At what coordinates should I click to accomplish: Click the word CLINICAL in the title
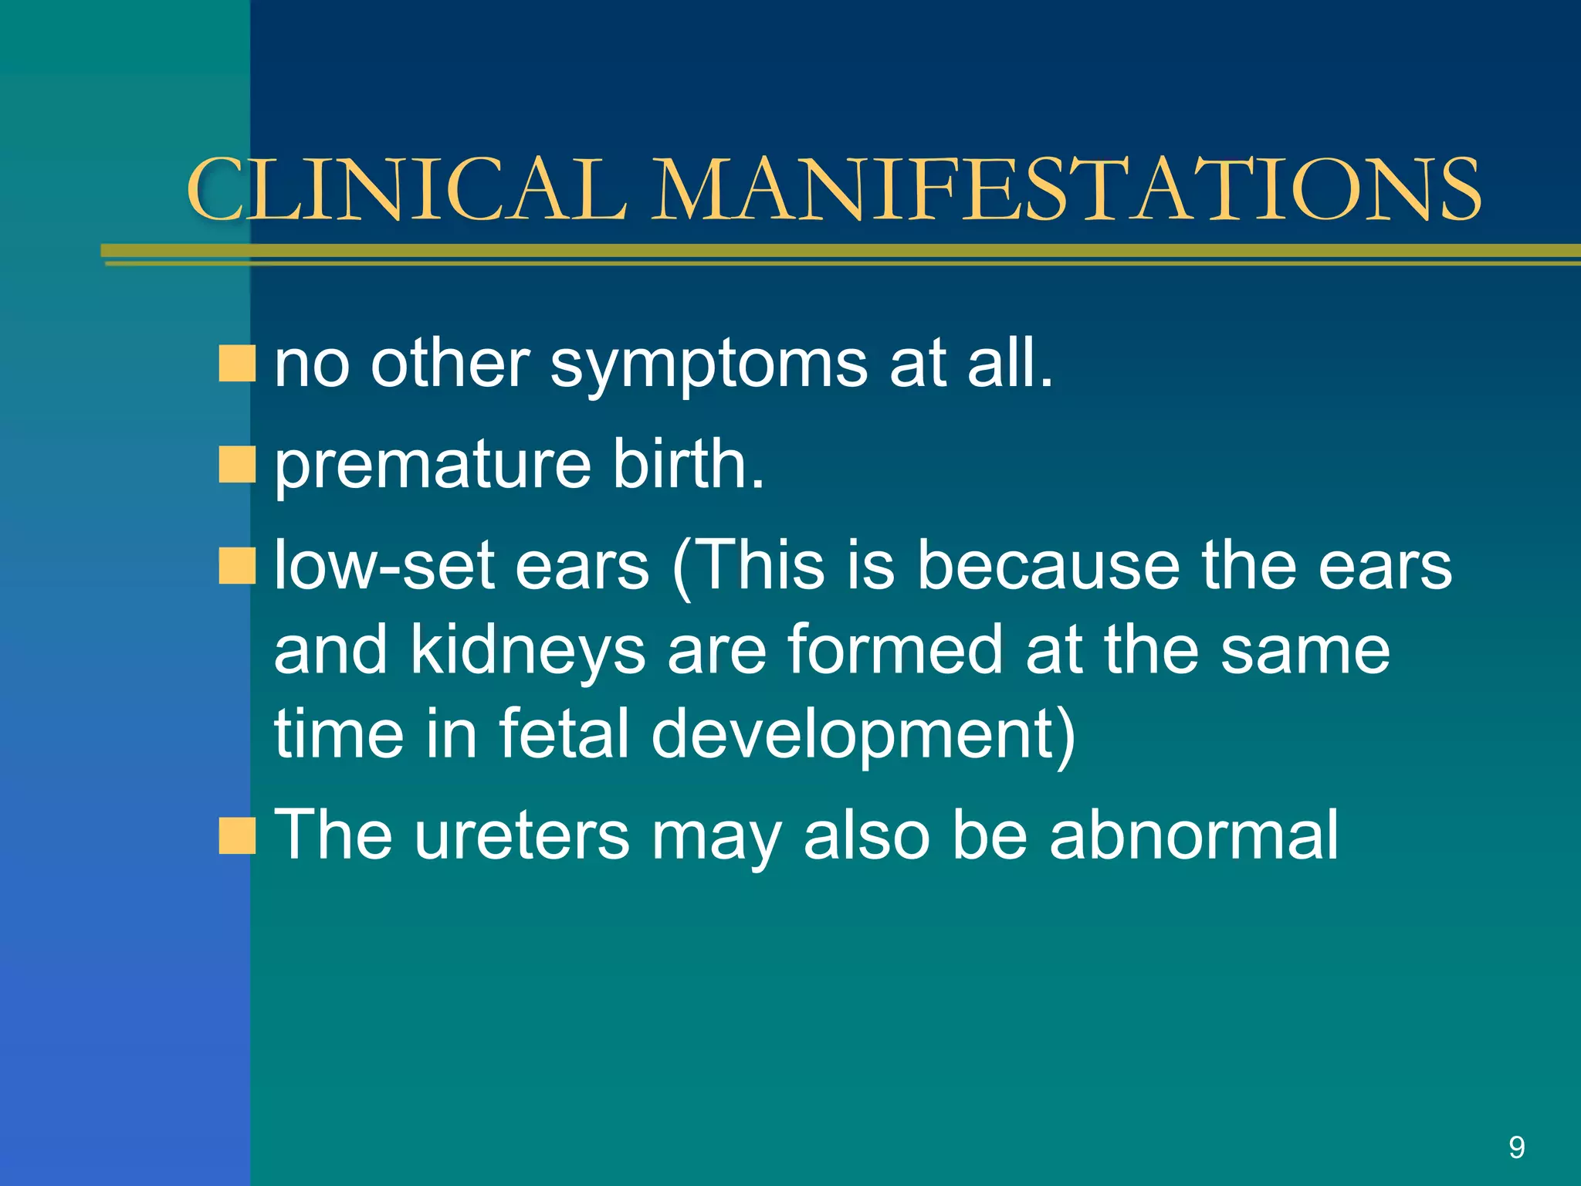(x=405, y=189)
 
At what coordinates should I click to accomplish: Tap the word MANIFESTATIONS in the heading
(x=1068, y=189)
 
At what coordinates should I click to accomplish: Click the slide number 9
(x=1516, y=1147)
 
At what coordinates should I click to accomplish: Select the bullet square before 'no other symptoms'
(x=236, y=364)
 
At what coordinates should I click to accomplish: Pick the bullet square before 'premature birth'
(x=236, y=464)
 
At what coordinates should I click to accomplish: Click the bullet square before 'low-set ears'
(x=236, y=566)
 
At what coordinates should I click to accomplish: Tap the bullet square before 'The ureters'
(x=236, y=835)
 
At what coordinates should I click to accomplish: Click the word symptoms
(x=708, y=365)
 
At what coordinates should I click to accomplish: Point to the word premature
(x=433, y=466)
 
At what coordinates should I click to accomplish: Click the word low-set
(x=384, y=566)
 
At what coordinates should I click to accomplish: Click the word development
(x=862, y=735)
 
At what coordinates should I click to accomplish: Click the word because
(x=1048, y=566)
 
